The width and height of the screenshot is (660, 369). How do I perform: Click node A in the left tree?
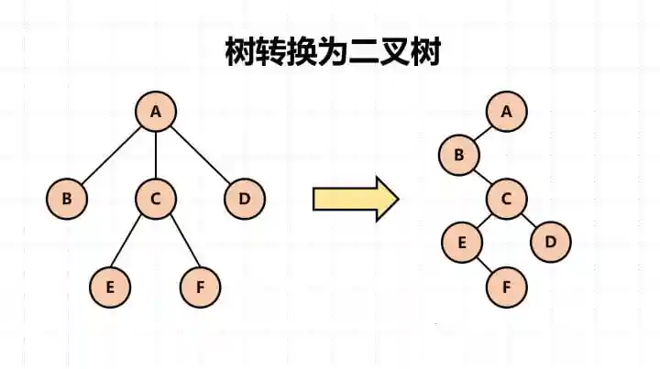(x=156, y=112)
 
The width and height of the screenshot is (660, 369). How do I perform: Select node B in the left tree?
(x=67, y=198)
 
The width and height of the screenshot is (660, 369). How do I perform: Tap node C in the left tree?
(x=156, y=198)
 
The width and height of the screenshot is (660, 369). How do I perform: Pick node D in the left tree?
(x=245, y=198)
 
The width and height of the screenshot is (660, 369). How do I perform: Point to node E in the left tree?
(x=110, y=286)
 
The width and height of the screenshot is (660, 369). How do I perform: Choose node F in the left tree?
(x=200, y=286)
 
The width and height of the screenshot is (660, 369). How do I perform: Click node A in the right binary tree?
(x=506, y=112)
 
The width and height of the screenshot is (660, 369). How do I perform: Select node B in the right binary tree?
(x=459, y=155)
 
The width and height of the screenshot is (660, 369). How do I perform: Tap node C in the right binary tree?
(x=506, y=198)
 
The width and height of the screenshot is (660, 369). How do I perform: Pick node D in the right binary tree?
(x=551, y=242)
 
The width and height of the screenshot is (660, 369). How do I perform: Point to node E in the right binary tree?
(x=462, y=242)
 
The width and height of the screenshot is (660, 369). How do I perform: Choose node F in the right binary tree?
(x=506, y=286)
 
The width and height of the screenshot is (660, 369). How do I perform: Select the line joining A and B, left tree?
(x=112, y=155)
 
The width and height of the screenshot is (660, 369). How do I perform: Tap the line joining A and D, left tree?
(x=200, y=155)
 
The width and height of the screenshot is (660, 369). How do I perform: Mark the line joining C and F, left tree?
(x=178, y=242)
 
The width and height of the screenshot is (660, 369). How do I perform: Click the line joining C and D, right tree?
(x=529, y=220)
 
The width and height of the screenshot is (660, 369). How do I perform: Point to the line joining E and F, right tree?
(x=484, y=264)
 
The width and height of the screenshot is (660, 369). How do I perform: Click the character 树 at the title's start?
(x=241, y=51)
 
